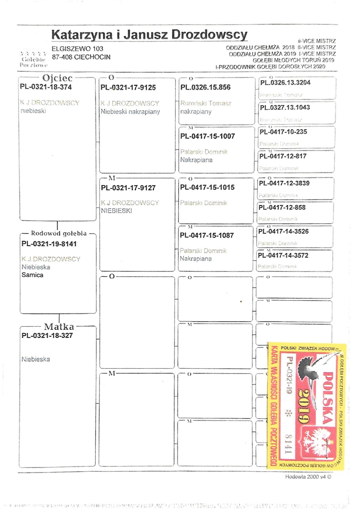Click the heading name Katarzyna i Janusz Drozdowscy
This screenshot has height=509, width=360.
tap(149, 35)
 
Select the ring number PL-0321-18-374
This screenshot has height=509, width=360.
tap(46, 87)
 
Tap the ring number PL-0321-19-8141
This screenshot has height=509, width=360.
tap(49, 244)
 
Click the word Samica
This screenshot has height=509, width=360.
tap(32, 275)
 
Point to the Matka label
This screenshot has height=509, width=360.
tap(59, 327)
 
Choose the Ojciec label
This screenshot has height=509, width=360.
tap(57, 78)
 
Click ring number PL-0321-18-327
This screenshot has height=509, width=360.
tap(47, 336)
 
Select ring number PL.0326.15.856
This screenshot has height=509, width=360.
tap(205, 87)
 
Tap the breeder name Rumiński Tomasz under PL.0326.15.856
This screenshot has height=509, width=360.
tap(206, 103)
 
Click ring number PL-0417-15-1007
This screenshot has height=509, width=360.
tap(207, 136)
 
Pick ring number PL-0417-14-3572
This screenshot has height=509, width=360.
tap(283, 255)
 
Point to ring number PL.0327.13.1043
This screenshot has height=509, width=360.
tap(285, 107)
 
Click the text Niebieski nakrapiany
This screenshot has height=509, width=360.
tap(130, 112)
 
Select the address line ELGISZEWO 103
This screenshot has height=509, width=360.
tap(77, 49)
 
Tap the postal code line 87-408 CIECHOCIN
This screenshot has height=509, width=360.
tap(81, 57)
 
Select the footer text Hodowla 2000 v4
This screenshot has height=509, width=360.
tap(308, 477)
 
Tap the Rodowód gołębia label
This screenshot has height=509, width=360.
tap(59, 233)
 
